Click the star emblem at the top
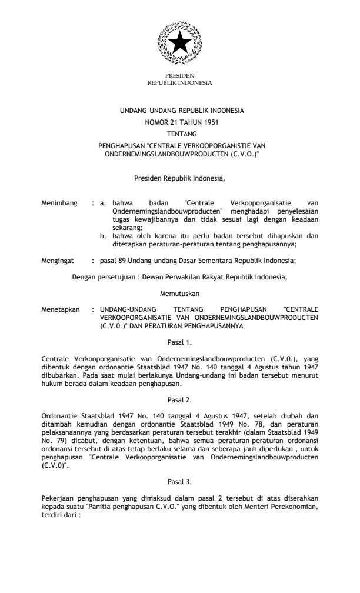tap(180, 45)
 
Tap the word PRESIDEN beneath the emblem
tap(180, 76)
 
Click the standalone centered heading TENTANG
tap(180, 133)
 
